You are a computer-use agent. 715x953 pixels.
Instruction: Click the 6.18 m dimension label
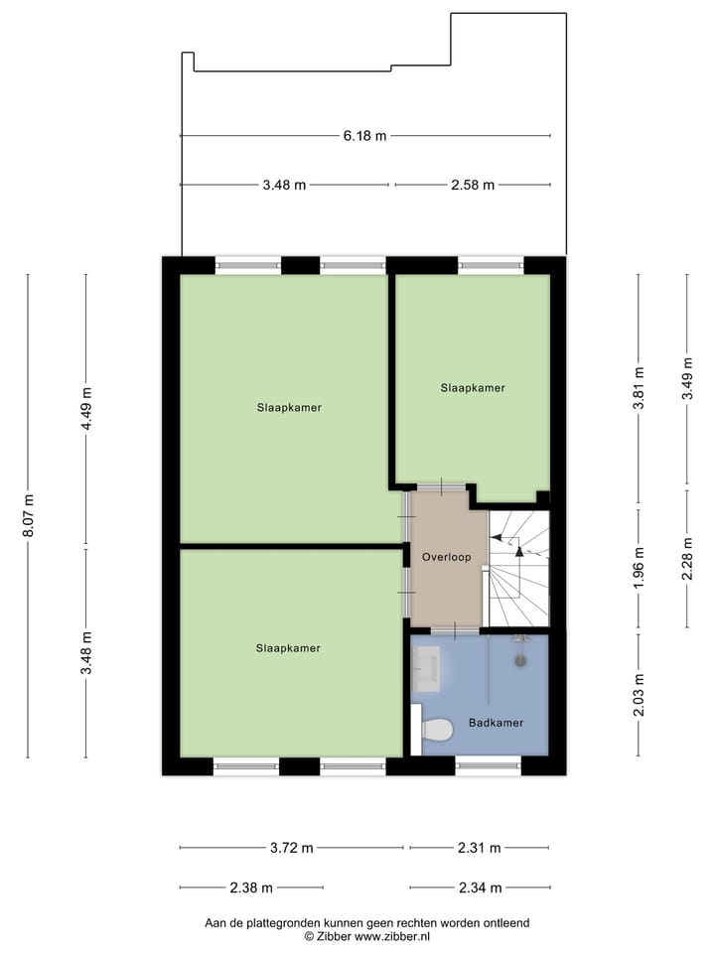(364, 136)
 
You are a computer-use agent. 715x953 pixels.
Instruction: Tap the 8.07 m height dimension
(28, 515)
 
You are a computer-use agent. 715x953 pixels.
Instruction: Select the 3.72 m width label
(292, 848)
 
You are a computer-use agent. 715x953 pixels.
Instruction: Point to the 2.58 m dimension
(473, 185)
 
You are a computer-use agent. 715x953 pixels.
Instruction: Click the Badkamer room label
(497, 723)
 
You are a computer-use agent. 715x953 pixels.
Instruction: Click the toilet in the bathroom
(436, 731)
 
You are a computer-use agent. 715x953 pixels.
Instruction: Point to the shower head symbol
(518, 657)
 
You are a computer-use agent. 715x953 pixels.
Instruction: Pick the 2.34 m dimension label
(479, 887)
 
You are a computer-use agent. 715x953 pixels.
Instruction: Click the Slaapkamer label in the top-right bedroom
(473, 388)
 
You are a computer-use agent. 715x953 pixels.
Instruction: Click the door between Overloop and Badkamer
(456, 629)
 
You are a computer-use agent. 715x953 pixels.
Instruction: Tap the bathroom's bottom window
(488, 766)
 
